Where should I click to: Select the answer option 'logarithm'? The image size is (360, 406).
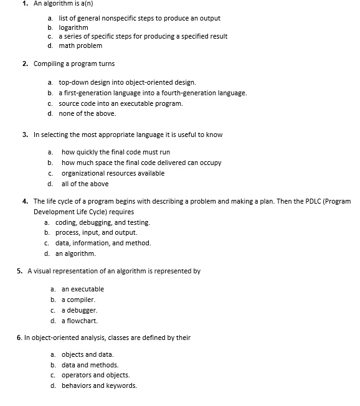pyautogui.click(x=73, y=27)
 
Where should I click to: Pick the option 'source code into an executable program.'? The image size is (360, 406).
pyautogui.click(x=120, y=103)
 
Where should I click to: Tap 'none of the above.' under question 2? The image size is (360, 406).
pyautogui.click(x=87, y=113)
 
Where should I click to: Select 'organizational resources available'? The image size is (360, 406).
pyautogui.click(x=113, y=173)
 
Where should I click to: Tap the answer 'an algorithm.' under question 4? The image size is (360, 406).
pyautogui.click(x=75, y=253)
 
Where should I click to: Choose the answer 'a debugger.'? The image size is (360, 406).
pyautogui.click(x=79, y=310)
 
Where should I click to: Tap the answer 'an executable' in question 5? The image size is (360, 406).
pyautogui.click(x=82, y=289)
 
